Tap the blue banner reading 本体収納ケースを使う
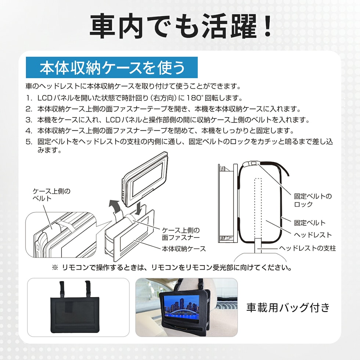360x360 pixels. click(112, 68)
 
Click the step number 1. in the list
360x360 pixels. click(29, 98)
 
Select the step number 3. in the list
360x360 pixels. click(29, 120)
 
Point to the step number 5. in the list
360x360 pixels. click(29, 142)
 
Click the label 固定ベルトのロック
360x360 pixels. click(313, 200)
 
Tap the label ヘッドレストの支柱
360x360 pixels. click(307, 248)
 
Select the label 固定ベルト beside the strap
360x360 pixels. click(310, 223)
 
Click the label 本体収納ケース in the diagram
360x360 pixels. click(184, 249)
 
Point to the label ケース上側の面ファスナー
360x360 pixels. click(181, 234)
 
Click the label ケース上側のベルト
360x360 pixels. click(51, 195)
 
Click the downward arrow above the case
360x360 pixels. click(138, 209)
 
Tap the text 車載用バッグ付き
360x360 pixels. click(288, 307)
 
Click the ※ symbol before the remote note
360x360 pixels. click(55, 268)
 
